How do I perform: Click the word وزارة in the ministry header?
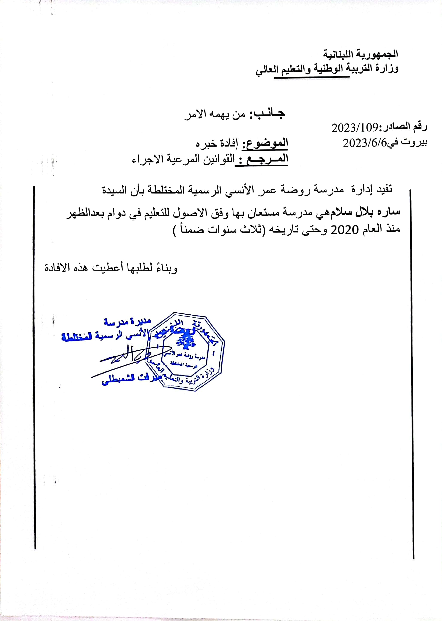point(387,68)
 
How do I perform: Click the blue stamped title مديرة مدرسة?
point(127,321)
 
